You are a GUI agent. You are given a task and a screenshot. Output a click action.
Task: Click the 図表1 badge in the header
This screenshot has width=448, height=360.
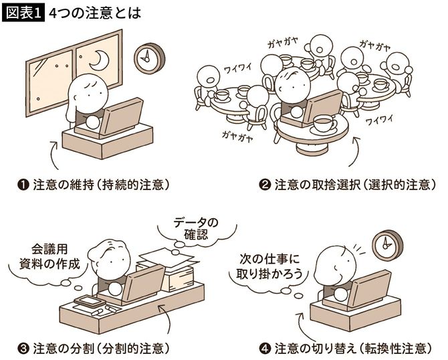click(22, 13)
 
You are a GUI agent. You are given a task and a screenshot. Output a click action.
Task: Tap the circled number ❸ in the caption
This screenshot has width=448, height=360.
click(25, 348)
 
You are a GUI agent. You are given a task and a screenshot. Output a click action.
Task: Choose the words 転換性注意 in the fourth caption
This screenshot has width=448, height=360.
click(384, 348)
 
